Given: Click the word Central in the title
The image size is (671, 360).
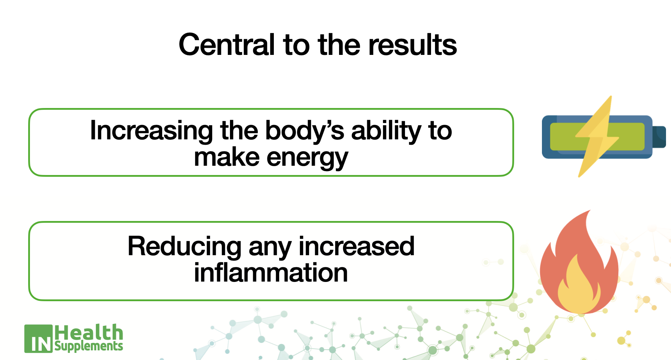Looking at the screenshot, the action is coord(227,45).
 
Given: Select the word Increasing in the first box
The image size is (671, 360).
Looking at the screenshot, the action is coord(151,131).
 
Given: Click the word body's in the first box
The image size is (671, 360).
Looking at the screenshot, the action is coord(305,130).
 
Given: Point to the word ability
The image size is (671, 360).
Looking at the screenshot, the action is coord(386,130).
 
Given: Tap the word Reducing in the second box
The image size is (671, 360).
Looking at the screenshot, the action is coord(184,247).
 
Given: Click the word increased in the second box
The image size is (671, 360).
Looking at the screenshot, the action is coord(357,246).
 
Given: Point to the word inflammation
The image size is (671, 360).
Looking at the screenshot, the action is coord(271,273).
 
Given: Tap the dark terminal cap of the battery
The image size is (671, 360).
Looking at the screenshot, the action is coord(659,137).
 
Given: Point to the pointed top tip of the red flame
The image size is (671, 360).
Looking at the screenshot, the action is coord(590,210).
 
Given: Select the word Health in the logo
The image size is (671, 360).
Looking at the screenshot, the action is coord(89,333).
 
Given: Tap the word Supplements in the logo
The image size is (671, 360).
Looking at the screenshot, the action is coord(89,346).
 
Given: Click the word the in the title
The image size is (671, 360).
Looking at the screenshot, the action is coord(339,45).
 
